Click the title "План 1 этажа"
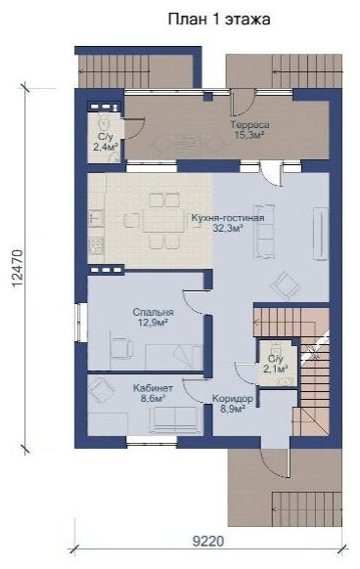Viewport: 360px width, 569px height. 219,20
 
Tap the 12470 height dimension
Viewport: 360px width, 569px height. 18,269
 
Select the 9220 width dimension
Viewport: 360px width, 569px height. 208,542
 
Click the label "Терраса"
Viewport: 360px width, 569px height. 249,125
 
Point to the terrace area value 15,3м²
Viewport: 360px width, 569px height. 249,135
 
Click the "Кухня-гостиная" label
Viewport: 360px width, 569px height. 227,218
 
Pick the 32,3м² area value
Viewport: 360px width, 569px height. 228,228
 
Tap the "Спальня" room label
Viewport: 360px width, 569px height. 153,312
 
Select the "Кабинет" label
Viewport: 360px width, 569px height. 153,388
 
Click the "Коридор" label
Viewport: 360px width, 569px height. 233,399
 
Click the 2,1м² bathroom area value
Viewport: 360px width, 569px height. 276,369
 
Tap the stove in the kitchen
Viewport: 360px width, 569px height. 96,245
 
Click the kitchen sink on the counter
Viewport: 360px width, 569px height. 96,219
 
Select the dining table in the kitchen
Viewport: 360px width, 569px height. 162,220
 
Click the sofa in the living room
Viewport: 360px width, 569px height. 264,231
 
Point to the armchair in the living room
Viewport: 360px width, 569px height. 286,284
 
